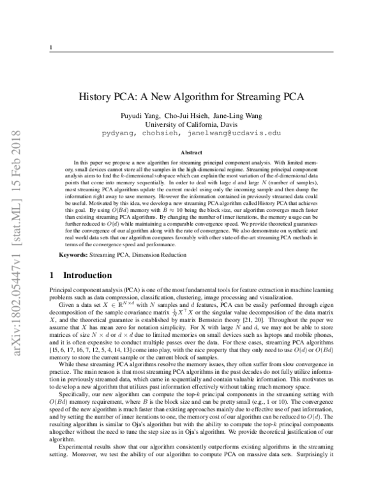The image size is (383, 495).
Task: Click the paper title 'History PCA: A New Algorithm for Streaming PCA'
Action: point(191,97)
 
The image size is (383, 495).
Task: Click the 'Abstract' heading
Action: point(191,153)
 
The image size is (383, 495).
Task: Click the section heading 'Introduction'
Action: point(87,276)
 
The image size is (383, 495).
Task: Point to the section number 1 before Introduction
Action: point(52,276)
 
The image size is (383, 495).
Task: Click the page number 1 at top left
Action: point(50,48)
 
